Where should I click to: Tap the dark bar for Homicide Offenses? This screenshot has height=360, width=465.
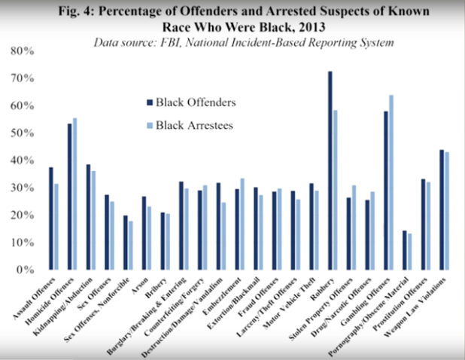click(70, 196)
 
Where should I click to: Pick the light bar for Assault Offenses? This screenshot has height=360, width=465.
click(55, 226)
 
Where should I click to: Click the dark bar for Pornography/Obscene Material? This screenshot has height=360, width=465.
click(405, 249)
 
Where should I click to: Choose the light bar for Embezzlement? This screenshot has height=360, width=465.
click(242, 224)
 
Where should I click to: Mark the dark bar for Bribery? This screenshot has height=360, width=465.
click(163, 240)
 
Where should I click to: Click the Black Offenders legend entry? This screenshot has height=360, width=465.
click(192, 102)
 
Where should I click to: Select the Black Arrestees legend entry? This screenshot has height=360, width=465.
click(192, 126)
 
